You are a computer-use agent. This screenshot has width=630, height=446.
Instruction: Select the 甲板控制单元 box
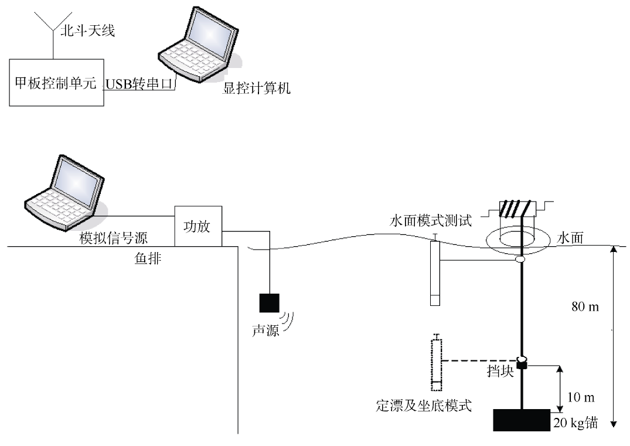coord(56,82)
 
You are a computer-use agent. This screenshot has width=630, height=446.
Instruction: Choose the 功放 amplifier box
coord(198,226)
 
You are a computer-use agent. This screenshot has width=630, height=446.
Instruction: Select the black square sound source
coord(270,302)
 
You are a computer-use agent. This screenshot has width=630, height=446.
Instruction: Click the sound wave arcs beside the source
coord(288,320)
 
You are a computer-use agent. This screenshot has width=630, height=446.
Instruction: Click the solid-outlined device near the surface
coord(434,272)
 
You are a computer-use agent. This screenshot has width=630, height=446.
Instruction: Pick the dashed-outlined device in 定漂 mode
coord(435,363)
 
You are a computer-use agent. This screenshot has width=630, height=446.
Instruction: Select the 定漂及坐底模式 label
coord(424,405)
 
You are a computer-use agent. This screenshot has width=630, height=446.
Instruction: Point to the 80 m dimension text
coord(585,307)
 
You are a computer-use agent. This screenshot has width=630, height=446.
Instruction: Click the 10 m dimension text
coord(581,398)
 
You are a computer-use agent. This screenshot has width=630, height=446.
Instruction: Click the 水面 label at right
coord(570,239)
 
